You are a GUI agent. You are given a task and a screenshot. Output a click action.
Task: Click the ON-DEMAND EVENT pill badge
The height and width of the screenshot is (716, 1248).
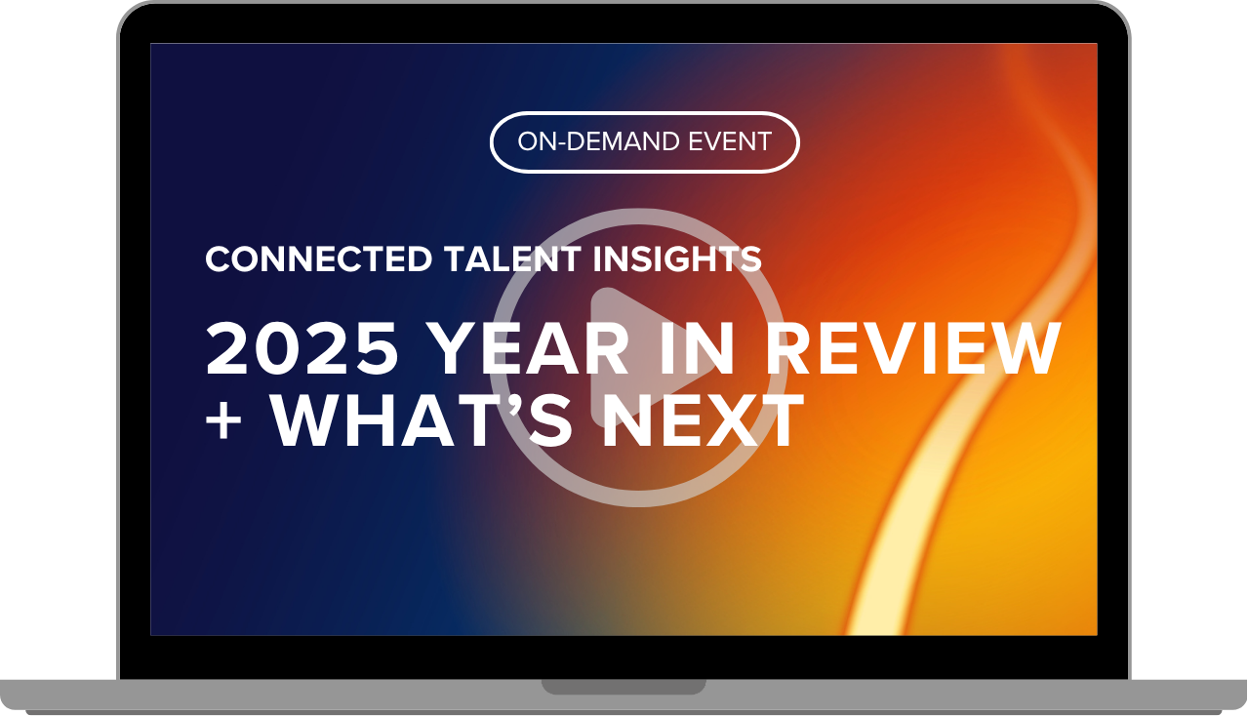pos(644,142)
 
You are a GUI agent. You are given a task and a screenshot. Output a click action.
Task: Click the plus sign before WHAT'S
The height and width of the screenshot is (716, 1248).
pos(224,421)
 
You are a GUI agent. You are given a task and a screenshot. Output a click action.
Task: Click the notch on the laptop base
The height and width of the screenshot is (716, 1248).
pos(624,687)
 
